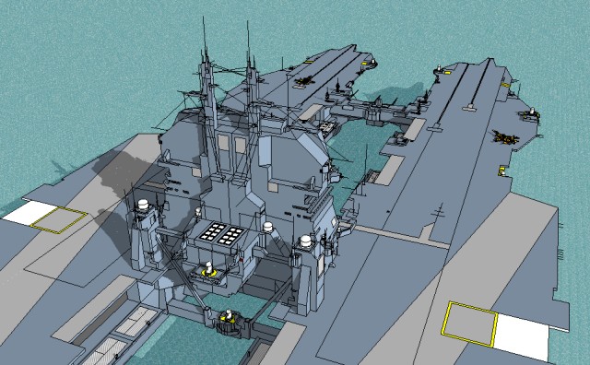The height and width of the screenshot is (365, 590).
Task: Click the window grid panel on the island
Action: (x=223, y=235)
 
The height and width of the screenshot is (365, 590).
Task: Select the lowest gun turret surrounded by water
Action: (x=228, y=321)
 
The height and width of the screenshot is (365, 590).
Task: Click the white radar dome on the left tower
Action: (x=143, y=206)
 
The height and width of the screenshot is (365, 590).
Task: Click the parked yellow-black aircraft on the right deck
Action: (x=506, y=135)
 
